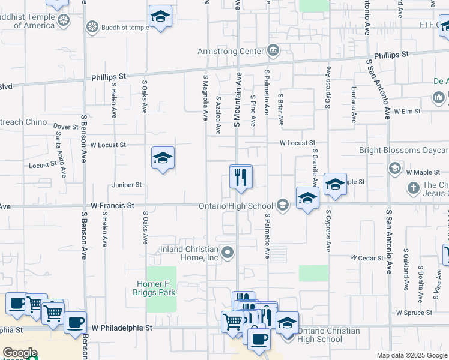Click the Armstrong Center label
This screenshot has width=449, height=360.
(x=231, y=51)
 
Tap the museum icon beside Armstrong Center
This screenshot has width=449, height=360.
(x=273, y=51)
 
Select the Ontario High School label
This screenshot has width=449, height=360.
(x=237, y=206)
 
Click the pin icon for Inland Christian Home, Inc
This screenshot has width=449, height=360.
(x=228, y=253)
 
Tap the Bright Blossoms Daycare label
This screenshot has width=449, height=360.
(x=403, y=151)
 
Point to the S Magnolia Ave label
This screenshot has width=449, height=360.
(x=205, y=97)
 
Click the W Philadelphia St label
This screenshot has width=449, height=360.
(x=122, y=328)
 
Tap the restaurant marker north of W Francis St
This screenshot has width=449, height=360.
(x=241, y=177)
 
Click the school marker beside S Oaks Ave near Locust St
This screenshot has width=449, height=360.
(x=163, y=158)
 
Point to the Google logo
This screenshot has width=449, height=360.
(x=20, y=353)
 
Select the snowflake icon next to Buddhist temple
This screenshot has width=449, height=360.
(x=92, y=26)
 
